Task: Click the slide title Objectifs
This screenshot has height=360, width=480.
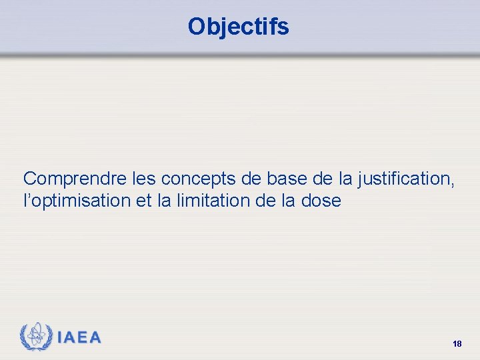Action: pos(238,27)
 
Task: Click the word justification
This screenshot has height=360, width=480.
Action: pos(405,179)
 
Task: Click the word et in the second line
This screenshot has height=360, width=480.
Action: pos(143,201)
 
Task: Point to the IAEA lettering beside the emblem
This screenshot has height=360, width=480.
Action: pos(79,337)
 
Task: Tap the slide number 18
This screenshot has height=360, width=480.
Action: pos(457,344)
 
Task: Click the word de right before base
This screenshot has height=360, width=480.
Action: pos(251,179)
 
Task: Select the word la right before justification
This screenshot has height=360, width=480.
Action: pos(345,179)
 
